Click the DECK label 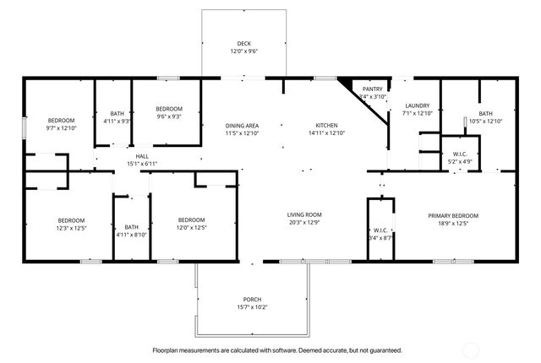click(x=243, y=43)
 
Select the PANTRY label click(x=373, y=89)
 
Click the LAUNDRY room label click(x=417, y=106)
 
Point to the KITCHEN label click(x=326, y=125)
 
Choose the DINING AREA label click(x=241, y=125)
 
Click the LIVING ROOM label click(x=304, y=214)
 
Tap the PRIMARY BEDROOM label click(x=452, y=216)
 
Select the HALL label click(x=143, y=155)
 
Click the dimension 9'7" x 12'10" click(x=61, y=128)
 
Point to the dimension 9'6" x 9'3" click(x=169, y=117)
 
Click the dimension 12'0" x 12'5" click(x=192, y=228)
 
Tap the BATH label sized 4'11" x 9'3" click(x=117, y=114)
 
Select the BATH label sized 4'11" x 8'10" click(x=132, y=226)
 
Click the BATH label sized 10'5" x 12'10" click(x=485, y=113)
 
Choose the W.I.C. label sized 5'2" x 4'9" click(x=460, y=154)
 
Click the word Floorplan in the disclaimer click(x=168, y=349)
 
